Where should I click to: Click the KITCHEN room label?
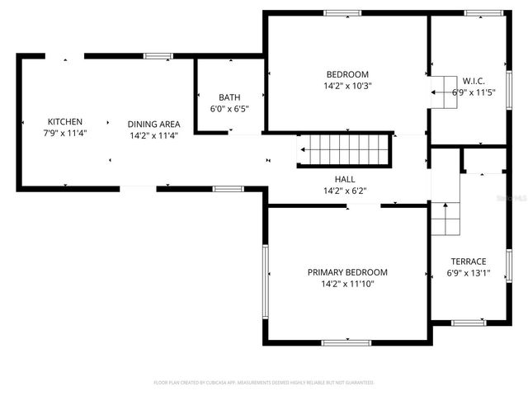point(64,121)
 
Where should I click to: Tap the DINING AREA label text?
point(153,125)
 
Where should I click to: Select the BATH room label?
point(229,97)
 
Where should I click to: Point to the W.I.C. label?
point(473,81)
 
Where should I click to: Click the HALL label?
point(345,178)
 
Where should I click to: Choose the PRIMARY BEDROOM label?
point(347,272)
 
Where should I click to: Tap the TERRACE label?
point(468,262)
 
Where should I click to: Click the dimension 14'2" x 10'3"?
point(346,86)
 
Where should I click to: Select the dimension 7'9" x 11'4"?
point(65,133)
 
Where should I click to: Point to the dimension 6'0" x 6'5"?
point(229,109)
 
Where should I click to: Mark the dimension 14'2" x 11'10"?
point(347,284)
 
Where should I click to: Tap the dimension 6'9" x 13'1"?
point(469,273)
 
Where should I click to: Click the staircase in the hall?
point(344,152)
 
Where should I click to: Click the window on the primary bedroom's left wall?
point(265,280)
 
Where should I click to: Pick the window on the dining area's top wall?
point(158,56)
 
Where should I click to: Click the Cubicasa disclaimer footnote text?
point(264,383)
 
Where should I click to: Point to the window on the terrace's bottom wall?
point(468,322)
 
